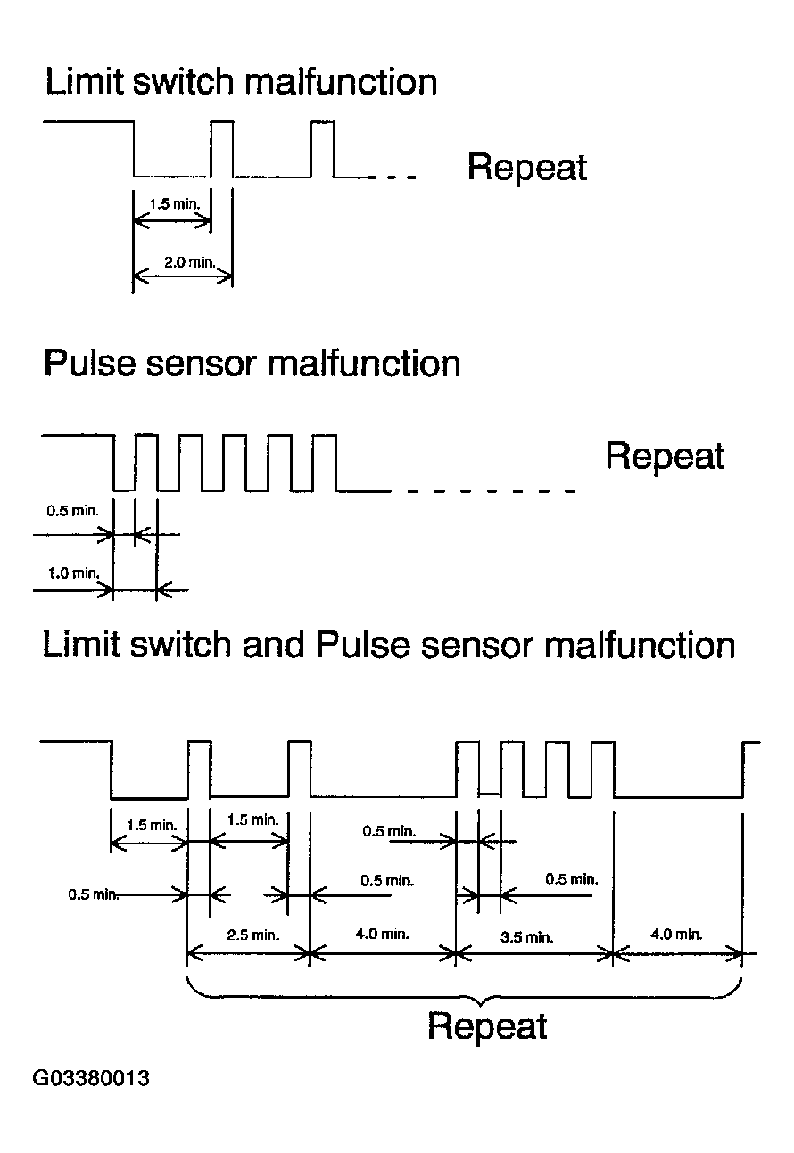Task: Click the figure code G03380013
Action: pos(91,1077)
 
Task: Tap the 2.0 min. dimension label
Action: pos(189,262)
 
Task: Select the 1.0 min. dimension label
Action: pos(73,572)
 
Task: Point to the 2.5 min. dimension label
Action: pos(252,935)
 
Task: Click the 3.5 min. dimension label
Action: pos(526,937)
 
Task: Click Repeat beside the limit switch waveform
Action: pos(526,168)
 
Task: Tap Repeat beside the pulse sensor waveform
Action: pos(665,456)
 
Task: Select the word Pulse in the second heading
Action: pos(91,363)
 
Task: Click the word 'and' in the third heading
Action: pos(272,644)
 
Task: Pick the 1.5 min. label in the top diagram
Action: pos(175,204)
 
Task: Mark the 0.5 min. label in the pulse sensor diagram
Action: pos(72,511)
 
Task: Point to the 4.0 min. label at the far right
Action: pos(676,935)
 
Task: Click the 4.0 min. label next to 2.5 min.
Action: pos(382,934)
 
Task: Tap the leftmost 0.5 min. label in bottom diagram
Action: pos(93,894)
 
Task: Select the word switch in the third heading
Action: pos(181,644)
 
